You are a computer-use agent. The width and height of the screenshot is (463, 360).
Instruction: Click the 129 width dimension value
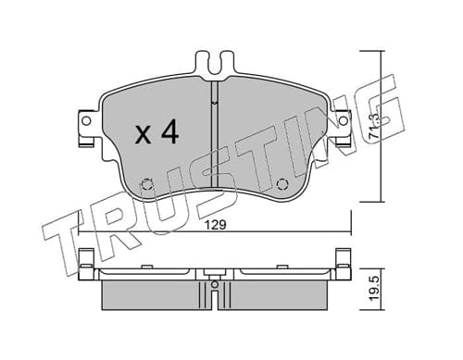coord(216,225)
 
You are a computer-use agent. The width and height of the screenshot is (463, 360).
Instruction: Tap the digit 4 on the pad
coord(169,131)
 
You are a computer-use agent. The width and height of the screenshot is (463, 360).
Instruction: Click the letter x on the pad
coord(143,136)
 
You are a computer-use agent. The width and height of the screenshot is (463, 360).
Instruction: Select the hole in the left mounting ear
coord(87,121)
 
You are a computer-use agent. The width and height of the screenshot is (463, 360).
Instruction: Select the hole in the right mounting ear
coord(343,120)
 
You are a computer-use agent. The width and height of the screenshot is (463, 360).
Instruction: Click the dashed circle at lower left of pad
coord(147,185)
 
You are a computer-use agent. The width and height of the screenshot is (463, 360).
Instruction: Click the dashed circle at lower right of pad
coord(282,185)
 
